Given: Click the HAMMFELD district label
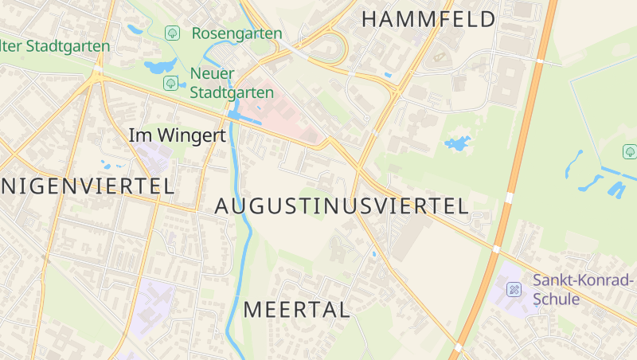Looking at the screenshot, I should click(428, 19).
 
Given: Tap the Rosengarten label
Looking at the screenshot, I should click(236, 33).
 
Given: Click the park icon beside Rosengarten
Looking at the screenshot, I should click(172, 33).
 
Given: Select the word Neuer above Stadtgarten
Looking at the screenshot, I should click(213, 74).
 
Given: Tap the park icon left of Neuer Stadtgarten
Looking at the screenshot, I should click(170, 83).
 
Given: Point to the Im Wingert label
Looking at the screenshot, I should click(177, 135).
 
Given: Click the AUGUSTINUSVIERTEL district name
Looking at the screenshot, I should click(341, 206).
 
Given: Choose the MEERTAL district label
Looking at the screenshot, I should click(296, 310).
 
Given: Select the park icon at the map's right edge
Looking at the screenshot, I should click(629, 151).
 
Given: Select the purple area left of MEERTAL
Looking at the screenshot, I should click(154, 303).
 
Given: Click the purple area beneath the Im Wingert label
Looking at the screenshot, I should click(153, 156).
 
